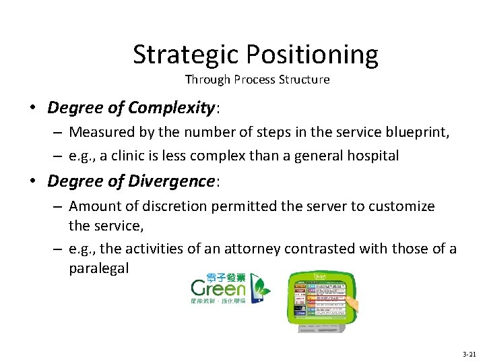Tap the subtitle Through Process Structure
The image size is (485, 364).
(x=257, y=80)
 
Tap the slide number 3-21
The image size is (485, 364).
(x=469, y=354)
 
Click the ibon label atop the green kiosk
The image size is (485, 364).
(x=321, y=276)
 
